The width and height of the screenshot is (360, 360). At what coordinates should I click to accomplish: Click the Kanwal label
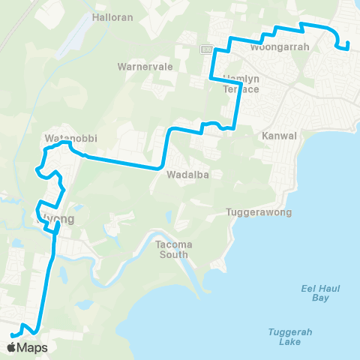click(280, 136)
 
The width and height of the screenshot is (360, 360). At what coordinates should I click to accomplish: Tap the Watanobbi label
click(71, 138)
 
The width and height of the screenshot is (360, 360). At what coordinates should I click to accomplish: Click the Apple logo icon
click(13, 346)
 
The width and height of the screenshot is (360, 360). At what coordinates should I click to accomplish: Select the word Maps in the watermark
click(34, 347)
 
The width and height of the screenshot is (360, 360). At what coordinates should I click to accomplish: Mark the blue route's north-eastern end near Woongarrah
click(349, 49)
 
